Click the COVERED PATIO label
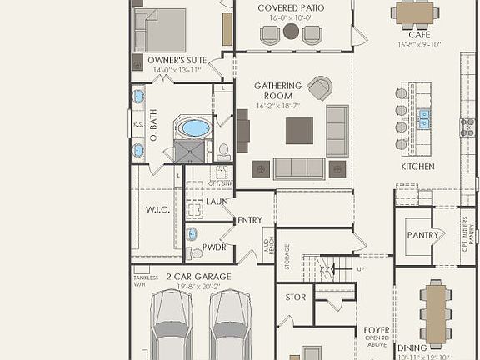pos(291,7)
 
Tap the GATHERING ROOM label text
pos(278,91)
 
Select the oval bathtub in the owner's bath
pos(194,127)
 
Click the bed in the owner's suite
pos(160,30)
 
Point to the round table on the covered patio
pos(291,32)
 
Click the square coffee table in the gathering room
pos(299,131)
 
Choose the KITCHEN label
pos(417,167)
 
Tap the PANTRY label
pos(422,235)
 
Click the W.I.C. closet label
pos(157,210)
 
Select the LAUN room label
pos(217,202)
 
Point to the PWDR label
pos(214,247)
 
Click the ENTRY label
pos(250,220)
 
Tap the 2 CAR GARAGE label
pos(198,277)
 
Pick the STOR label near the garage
pos(295,297)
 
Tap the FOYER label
pos(377,330)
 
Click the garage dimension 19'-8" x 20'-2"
pos(198,286)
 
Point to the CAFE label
pos(413,35)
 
